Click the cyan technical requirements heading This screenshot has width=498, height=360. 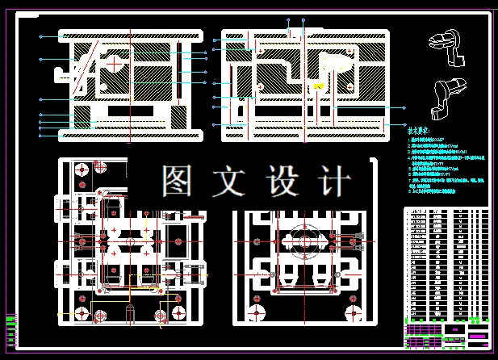pos(419,129)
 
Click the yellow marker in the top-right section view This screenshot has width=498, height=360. pos(320,86)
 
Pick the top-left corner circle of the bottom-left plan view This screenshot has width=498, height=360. pos(81,170)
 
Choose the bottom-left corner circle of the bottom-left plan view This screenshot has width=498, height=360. pos(82,312)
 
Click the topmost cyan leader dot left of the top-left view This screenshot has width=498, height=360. pos(41,36)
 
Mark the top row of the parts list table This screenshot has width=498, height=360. pos(446,211)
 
